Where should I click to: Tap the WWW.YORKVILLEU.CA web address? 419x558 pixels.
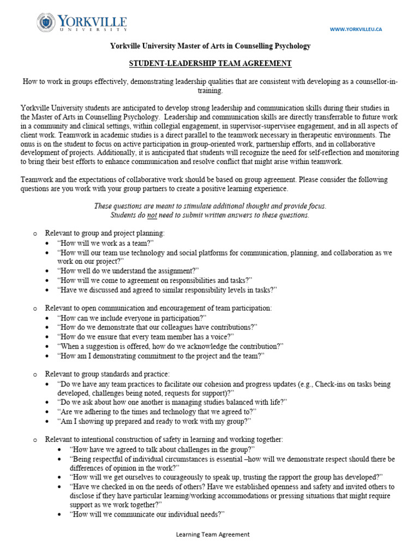coord(356,29)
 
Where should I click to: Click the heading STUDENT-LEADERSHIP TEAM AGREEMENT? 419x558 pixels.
coord(210,64)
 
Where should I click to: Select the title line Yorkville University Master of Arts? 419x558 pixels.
coord(210,46)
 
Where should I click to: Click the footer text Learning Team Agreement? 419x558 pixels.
coord(212,535)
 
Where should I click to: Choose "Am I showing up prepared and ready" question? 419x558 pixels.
coord(155,421)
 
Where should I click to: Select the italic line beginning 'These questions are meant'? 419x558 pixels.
coord(210,205)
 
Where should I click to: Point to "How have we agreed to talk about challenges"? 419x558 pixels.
coord(163,449)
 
